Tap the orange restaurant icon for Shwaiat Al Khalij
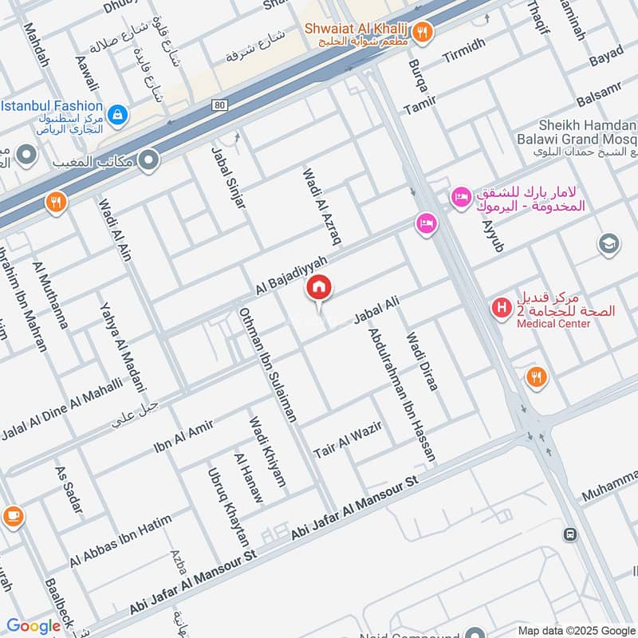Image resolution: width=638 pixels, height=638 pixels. pos(423,33)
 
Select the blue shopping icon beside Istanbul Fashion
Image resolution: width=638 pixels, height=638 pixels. pos(117,116)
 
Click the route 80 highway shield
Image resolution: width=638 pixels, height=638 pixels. pos(220,104)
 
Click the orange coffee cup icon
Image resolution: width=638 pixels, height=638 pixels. pos(12,517)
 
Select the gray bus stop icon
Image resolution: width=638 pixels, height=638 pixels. pos(569,534)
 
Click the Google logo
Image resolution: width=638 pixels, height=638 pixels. pos(33,626)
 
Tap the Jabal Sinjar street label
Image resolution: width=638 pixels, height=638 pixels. pos(228,177)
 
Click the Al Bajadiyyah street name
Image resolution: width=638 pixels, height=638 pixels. pos(293,274)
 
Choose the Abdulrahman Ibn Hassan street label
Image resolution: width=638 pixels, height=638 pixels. pos(402,395)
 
